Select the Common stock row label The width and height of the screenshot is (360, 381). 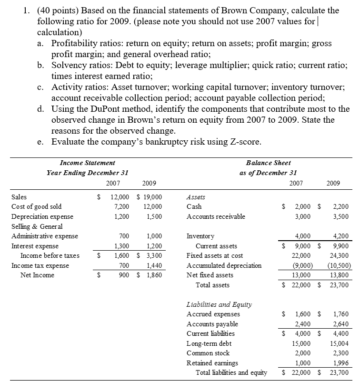[208, 353]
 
